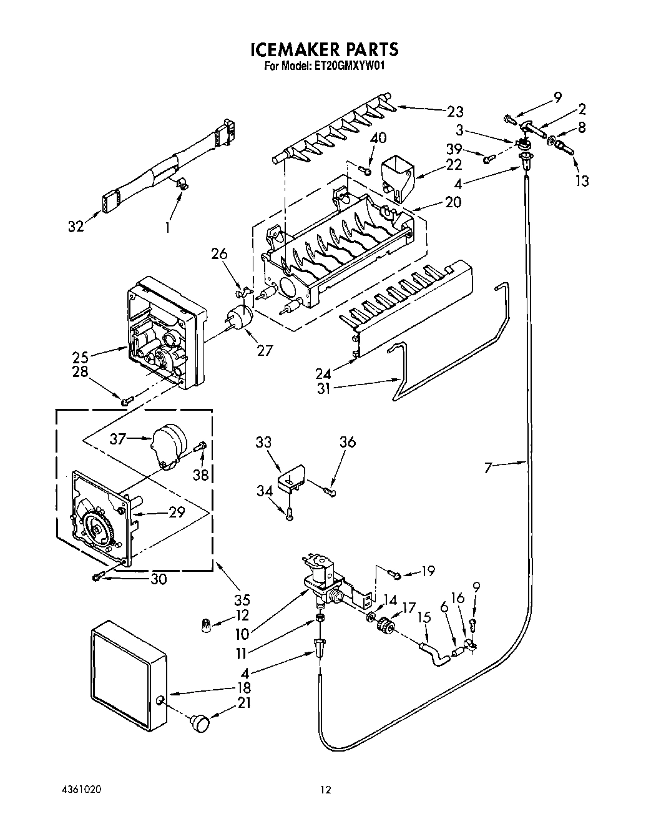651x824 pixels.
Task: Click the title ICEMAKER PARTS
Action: [324, 49]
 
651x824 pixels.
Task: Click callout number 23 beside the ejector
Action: [455, 112]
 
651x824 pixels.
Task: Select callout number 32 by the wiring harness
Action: [76, 227]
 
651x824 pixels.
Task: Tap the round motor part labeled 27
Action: [240, 317]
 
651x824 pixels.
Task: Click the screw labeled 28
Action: [125, 401]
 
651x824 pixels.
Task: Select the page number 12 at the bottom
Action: [325, 790]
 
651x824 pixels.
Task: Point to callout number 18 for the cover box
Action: [243, 687]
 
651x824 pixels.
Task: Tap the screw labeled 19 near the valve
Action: [393, 572]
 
